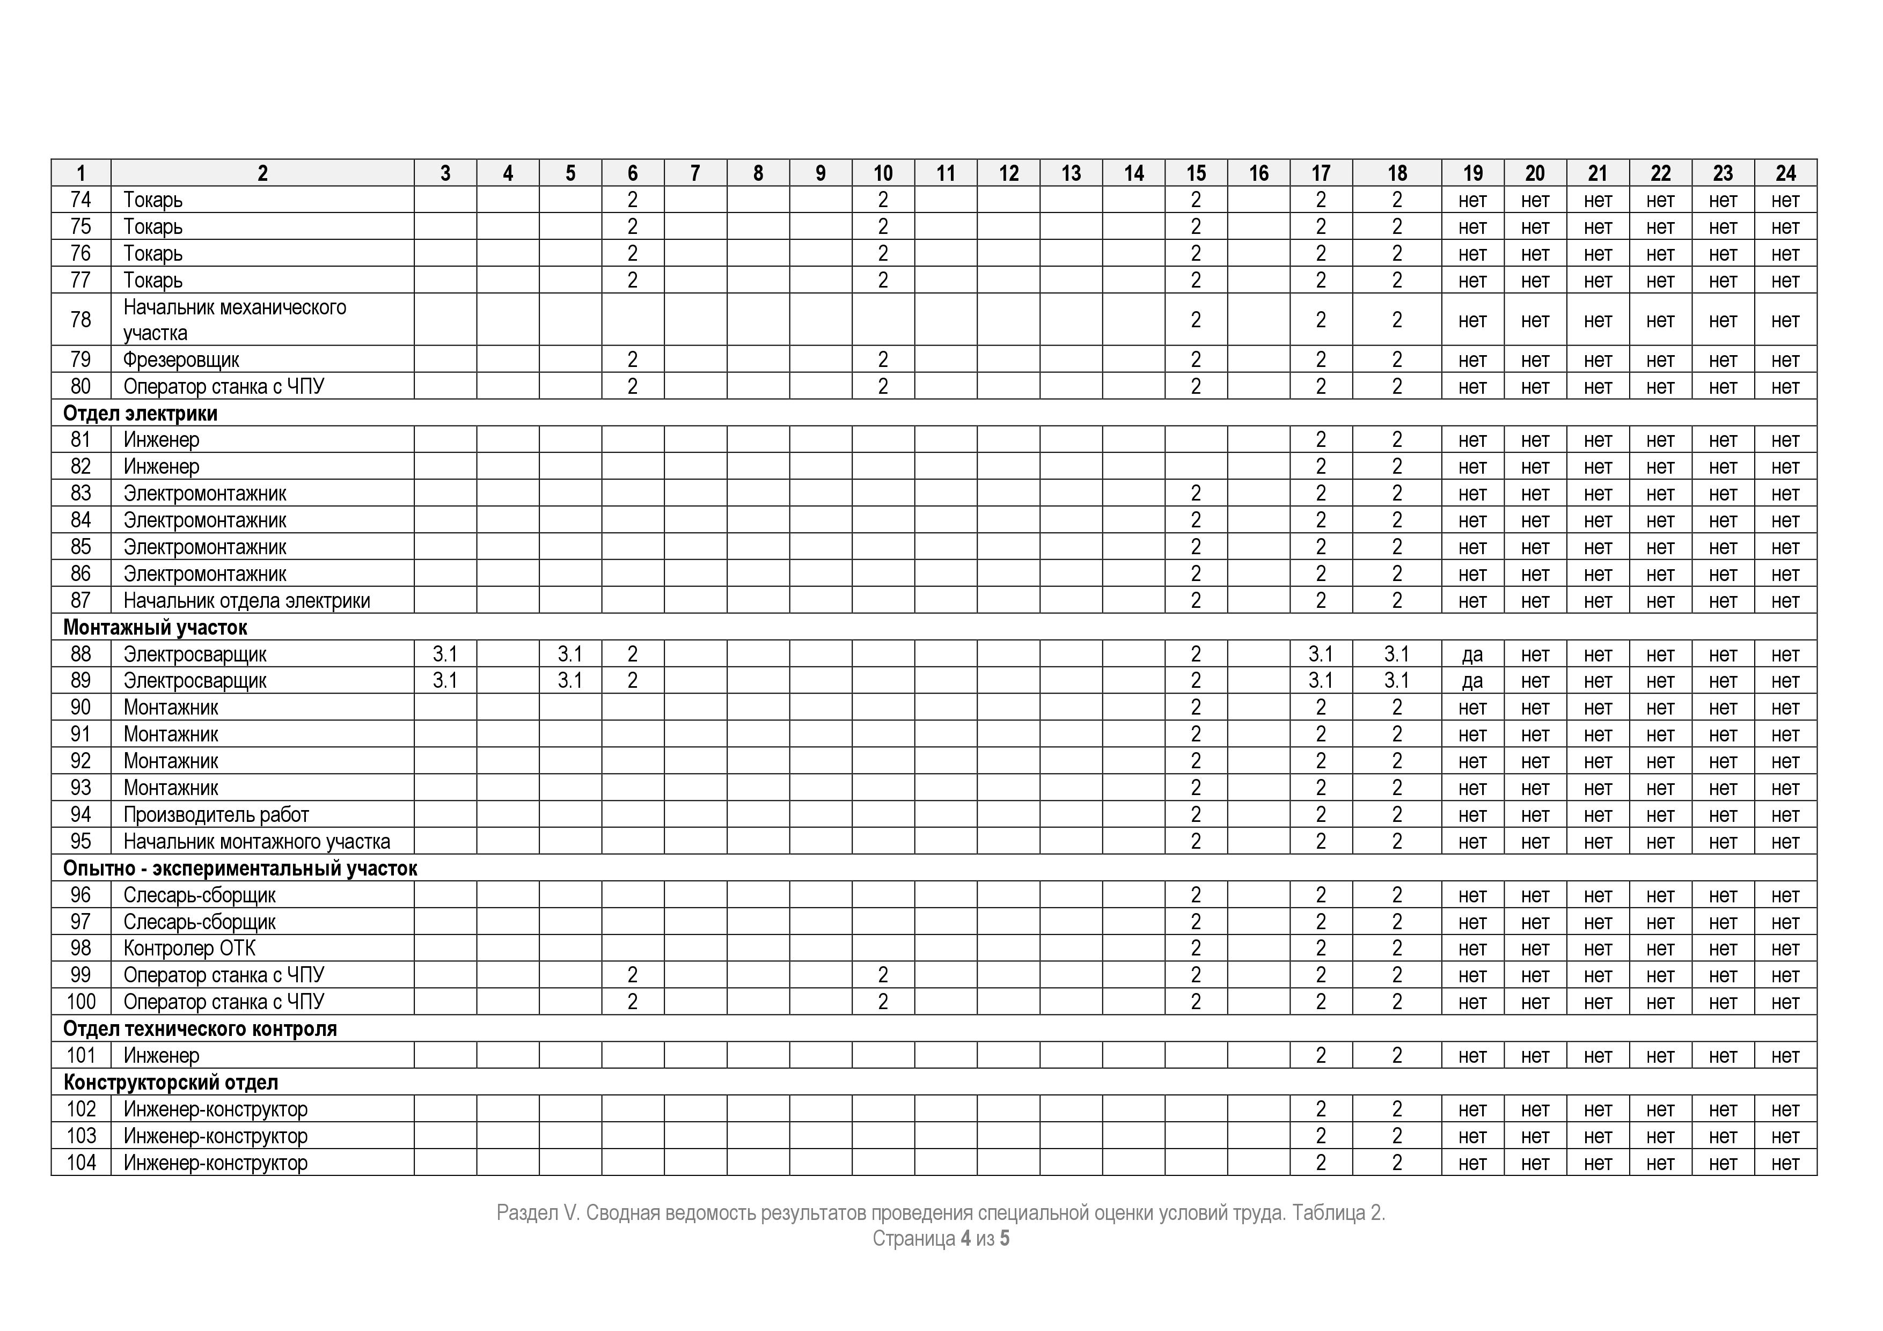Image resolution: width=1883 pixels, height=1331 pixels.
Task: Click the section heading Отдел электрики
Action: tap(140, 413)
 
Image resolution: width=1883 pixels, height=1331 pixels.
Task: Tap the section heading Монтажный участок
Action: tap(155, 627)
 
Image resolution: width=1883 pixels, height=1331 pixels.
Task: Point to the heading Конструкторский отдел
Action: tap(171, 1083)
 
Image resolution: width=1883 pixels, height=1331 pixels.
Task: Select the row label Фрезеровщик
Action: tap(181, 360)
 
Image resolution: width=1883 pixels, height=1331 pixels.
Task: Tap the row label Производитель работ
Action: tap(216, 814)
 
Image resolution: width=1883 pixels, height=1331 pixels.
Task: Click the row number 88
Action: tap(80, 655)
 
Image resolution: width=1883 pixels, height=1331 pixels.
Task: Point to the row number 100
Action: tap(80, 1002)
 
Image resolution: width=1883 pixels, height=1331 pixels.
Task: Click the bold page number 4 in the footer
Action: tap(965, 1238)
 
